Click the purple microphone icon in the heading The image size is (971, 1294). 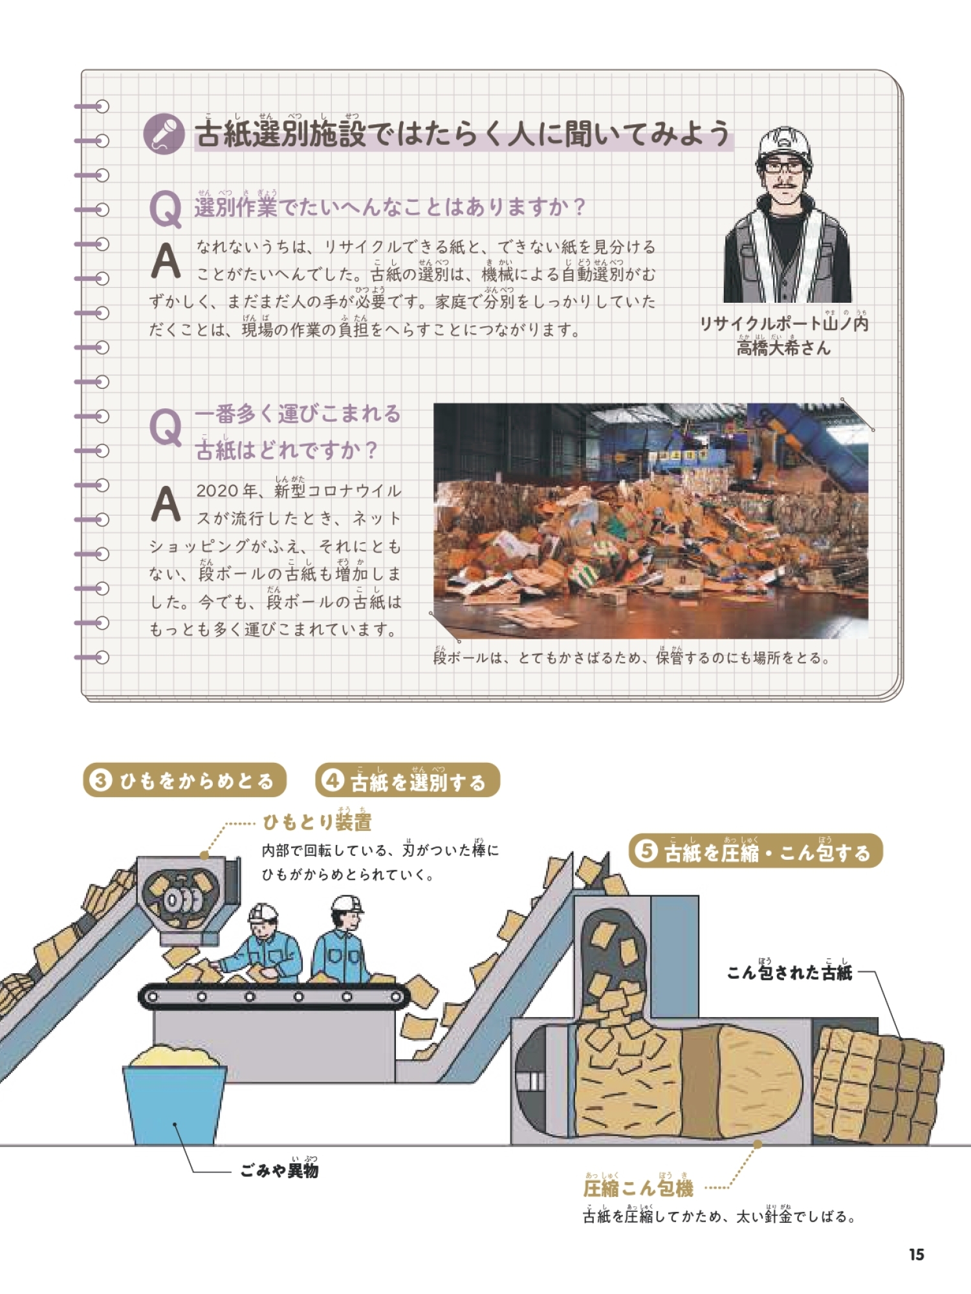pyautogui.click(x=164, y=134)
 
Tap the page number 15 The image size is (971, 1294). pyautogui.click(x=916, y=1255)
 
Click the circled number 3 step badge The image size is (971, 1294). pyautogui.click(x=101, y=780)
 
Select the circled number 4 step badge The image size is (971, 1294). pyautogui.click(x=332, y=780)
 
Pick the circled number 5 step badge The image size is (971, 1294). pyautogui.click(x=646, y=851)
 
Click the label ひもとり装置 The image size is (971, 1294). pyautogui.click(x=317, y=822)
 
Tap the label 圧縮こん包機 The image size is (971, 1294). pyautogui.click(x=638, y=1188)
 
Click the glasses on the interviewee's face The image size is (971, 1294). pyautogui.click(x=784, y=166)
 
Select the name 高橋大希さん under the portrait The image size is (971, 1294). pyautogui.click(x=783, y=348)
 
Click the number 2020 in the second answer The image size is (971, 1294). pyautogui.click(x=217, y=491)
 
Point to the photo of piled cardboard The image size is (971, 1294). pyautogui.click(x=651, y=521)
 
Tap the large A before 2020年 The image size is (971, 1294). pyautogui.click(x=165, y=503)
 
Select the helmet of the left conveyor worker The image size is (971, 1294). pyautogui.click(x=263, y=912)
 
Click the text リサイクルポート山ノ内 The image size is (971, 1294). pyautogui.click(x=783, y=323)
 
